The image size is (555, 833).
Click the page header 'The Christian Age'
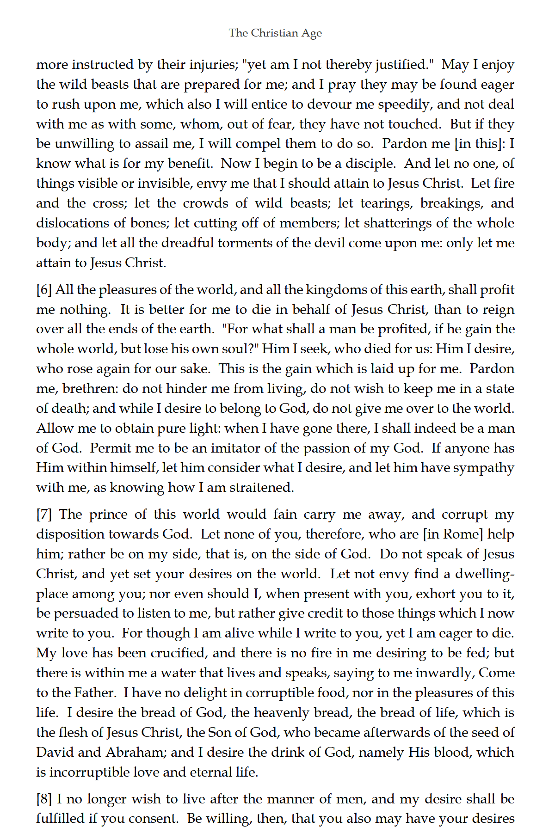275,33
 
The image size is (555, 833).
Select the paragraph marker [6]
44,290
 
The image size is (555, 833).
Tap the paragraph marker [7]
44,514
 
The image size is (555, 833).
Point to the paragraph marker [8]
44,799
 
